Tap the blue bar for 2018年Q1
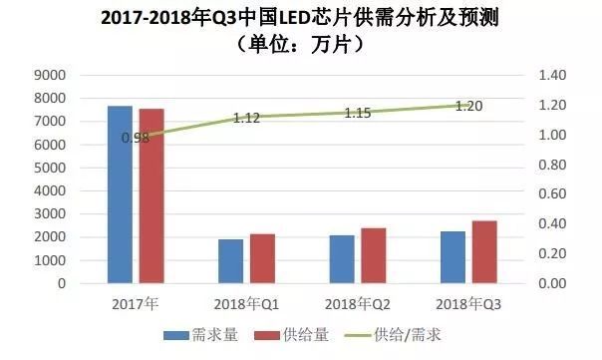point(230,261)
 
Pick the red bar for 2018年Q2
point(374,255)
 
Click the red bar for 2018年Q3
point(484,251)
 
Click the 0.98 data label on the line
point(135,138)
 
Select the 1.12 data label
point(246,118)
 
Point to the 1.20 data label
point(468,106)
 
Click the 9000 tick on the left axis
point(48,75)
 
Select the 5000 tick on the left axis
point(48,168)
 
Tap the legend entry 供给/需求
point(399,337)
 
